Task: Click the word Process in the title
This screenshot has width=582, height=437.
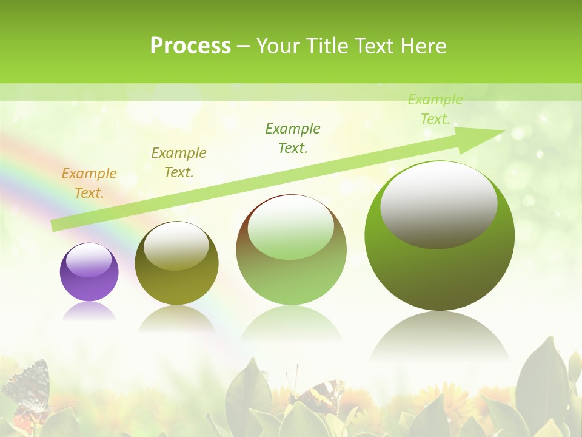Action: [x=190, y=46]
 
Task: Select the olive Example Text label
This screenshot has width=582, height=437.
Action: [x=179, y=163]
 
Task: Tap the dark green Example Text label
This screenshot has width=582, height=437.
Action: [x=293, y=138]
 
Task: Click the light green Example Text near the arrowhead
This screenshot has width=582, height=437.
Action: [x=435, y=109]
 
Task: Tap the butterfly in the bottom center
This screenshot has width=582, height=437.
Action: [x=315, y=395]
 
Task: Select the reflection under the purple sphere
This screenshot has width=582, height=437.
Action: [x=89, y=311]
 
